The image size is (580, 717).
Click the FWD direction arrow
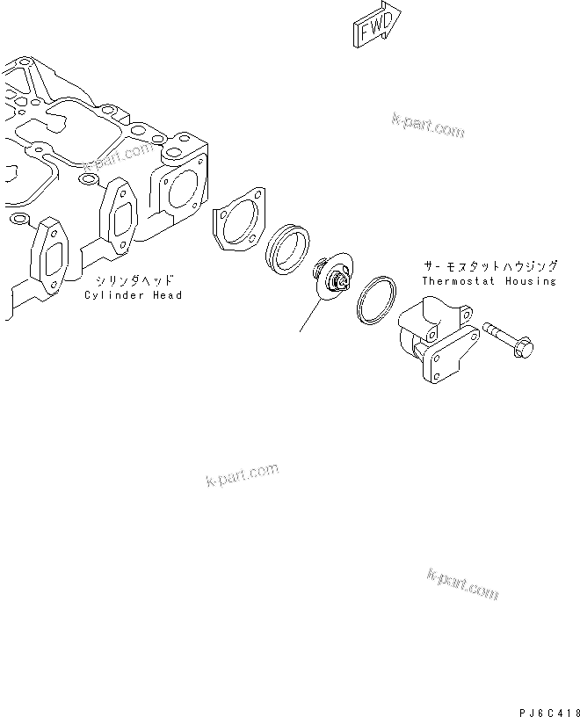pos(376,25)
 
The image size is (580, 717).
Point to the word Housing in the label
pos(531,281)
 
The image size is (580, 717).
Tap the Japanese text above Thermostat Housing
pos(488,265)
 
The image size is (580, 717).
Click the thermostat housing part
pos(435,338)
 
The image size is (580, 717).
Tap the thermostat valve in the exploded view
pos(334,279)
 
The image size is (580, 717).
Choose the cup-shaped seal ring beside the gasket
pos(287,248)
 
